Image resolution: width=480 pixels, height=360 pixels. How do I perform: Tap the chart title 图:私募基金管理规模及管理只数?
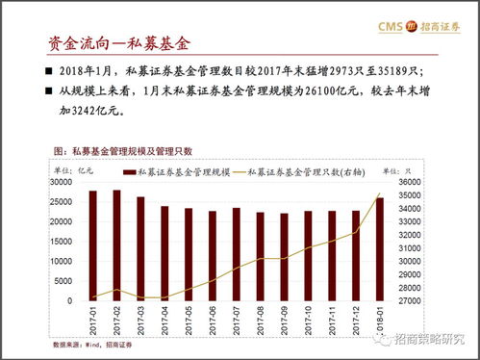[x=124, y=151]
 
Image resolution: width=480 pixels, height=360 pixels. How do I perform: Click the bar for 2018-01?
[x=379, y=249]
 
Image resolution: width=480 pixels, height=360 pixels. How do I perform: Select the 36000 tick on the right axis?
[x=411, y=182]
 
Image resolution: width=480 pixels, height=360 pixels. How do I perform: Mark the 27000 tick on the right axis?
[x=411, y=300]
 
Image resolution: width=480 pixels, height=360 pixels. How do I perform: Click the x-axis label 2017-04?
[x=164, y=319]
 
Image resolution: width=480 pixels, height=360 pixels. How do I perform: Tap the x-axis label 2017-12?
[x=355, y=319]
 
